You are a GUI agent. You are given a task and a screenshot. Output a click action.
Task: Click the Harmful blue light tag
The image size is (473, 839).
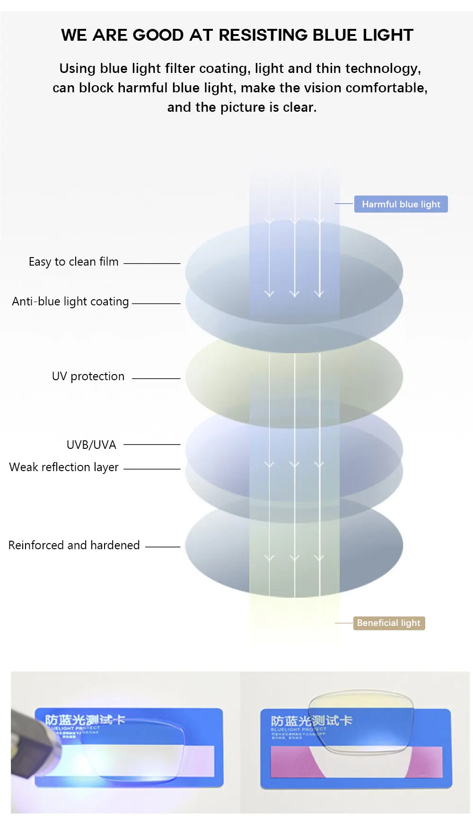click(401, 204)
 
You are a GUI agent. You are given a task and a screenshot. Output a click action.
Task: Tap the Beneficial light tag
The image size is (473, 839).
click(389, 623)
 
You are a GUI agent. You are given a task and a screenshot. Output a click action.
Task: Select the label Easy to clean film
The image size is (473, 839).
click(73, 262)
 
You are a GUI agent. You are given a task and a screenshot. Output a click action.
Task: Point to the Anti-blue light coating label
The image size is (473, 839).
click(70, 302)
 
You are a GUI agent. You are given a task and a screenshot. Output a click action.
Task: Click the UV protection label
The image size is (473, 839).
click(88, 376)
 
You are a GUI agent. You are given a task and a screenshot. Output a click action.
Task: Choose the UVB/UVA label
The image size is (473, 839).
click(91, 445)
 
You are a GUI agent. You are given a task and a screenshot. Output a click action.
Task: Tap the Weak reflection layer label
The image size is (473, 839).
click(64, 467)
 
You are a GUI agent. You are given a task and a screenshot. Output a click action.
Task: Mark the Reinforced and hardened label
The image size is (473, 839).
click(74, 545)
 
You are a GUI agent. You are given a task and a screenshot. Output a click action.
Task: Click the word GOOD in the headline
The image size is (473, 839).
click(158, 35)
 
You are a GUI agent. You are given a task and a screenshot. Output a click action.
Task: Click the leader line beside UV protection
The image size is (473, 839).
click(156, 378)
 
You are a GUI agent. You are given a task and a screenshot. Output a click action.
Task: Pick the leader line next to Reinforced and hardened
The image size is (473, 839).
click(163, 547)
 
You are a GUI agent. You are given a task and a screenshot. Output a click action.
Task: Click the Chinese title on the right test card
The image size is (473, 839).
click(311, 721)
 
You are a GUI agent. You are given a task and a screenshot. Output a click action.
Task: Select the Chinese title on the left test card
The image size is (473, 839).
click(85, 720)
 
